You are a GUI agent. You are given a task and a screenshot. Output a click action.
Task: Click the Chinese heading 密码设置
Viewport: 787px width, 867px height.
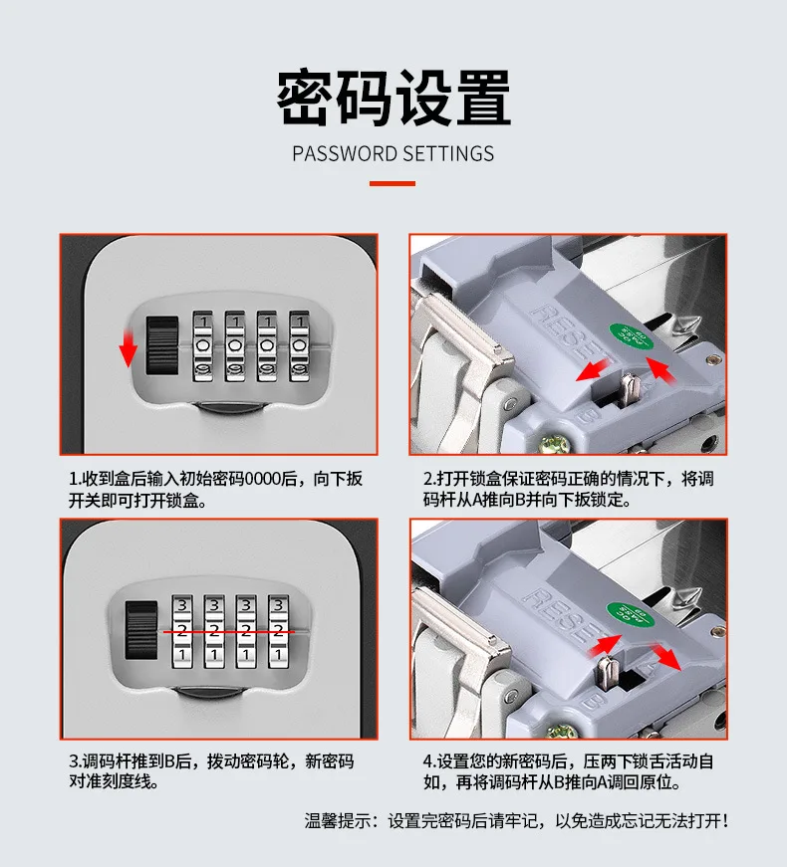coord(393,98)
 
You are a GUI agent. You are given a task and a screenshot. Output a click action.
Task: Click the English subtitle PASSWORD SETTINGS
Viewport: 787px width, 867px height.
coord(393,153)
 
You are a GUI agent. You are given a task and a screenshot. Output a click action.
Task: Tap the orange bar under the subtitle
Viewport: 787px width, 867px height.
coord(393,183)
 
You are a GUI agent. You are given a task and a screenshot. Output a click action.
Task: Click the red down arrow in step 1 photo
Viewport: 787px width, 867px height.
coord(129,348)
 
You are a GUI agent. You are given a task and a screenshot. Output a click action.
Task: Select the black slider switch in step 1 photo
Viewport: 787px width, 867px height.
coord(162,345)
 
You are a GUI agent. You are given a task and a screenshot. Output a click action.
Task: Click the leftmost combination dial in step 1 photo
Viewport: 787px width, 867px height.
coord(202,346)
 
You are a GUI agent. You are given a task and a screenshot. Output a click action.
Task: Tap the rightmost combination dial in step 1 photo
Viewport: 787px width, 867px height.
coord(299,346)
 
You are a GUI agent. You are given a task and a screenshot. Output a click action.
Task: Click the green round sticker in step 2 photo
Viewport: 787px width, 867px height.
coord(631,336)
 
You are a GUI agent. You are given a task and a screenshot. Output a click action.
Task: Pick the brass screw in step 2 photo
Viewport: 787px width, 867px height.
coord(554,442)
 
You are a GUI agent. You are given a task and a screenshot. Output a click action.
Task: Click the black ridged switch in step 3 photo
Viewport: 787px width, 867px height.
coord(141,630)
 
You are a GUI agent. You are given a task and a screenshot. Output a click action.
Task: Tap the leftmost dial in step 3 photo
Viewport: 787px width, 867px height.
coord(182,631)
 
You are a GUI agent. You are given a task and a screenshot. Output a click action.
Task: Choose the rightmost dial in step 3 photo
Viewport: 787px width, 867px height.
coord(278,631)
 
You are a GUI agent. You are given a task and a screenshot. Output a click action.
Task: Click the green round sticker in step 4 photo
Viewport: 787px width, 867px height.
coord(631,615)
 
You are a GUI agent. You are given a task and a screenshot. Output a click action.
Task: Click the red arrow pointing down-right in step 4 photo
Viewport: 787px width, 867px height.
coord(666,657)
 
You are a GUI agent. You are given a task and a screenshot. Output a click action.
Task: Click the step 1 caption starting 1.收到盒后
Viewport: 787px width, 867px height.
coord(216,490)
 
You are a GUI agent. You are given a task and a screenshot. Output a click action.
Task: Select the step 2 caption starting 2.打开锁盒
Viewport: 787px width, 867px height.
coord(569,490)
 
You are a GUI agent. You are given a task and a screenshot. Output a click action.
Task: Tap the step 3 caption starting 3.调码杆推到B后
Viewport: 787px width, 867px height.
coord(211,770)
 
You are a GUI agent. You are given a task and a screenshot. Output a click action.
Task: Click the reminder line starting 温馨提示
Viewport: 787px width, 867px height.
coord(516,820)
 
